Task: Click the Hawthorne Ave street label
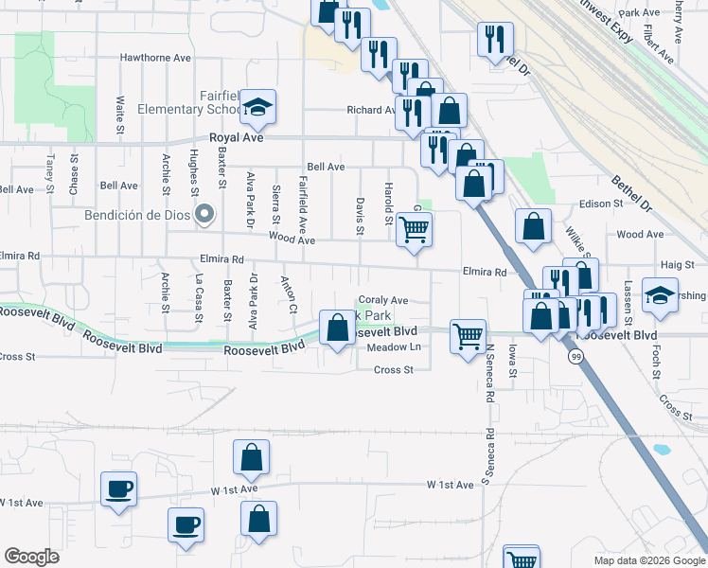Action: click(x=155, y=58)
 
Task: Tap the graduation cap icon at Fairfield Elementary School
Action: click(x=257, y=109)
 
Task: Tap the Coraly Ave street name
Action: click(x=382, y=300)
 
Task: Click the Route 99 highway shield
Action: click(x=575, y=357)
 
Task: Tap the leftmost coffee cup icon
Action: click(x=119, y=488)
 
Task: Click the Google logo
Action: click(x=31, y=557)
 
